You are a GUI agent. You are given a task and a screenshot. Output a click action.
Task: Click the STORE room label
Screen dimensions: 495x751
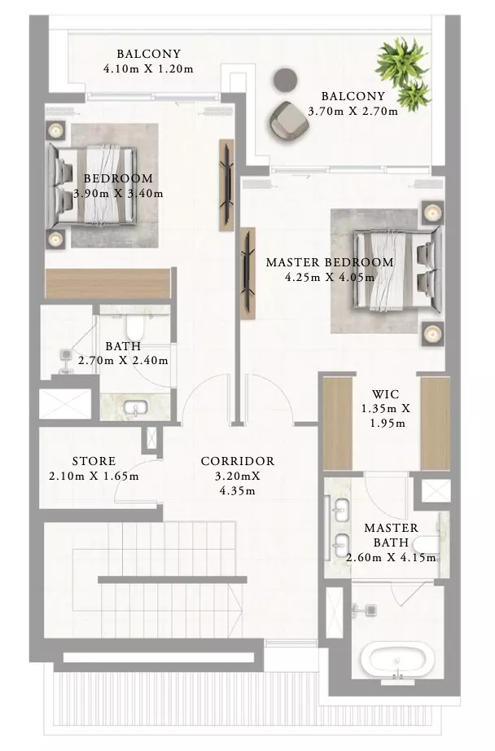coord(94,461)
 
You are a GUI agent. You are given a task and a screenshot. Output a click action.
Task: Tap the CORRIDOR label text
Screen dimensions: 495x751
coord(238,461)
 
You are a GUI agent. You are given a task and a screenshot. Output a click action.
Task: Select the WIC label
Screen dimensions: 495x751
coord(385,394)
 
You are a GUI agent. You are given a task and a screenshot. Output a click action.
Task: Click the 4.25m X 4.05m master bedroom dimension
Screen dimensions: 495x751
coord(330,277)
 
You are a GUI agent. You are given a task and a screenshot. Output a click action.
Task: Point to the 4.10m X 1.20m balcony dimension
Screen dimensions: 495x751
coord(148,69)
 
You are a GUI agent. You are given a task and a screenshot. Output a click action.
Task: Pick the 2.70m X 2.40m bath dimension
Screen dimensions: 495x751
coord(123,361)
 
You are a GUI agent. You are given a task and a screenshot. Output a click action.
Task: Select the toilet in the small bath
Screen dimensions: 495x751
coord(135,327)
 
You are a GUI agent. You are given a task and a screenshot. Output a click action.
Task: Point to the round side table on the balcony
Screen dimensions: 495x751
coord(285,80)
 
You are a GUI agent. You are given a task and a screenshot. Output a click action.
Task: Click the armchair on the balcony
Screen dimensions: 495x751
coord(288,121)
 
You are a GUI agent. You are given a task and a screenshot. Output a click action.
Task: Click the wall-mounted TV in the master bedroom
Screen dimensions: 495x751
coord(247,274)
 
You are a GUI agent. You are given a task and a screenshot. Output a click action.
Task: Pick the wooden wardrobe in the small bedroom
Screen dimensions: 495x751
coord(108,283)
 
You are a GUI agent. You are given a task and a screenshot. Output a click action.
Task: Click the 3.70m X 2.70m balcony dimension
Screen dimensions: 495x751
coord(353,112)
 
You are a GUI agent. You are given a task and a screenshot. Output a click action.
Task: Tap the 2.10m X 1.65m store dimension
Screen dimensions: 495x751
coord(94,477)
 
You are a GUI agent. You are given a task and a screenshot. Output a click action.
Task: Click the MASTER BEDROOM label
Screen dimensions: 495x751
coord(330,262)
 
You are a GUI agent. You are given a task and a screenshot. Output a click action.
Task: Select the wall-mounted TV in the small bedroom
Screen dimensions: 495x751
coord(226,185)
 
